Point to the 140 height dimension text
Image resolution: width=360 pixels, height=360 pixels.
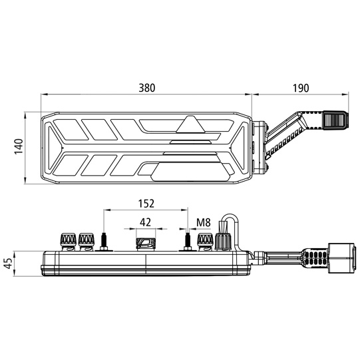(17, 148)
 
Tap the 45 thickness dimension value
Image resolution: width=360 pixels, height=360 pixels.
(9, 263)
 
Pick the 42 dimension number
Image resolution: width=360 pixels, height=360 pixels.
(144, 222)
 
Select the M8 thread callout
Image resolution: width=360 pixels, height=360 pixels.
(204, 222)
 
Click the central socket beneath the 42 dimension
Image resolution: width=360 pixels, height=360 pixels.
(144, 243)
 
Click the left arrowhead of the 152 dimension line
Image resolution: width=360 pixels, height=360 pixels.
(107, 210)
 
